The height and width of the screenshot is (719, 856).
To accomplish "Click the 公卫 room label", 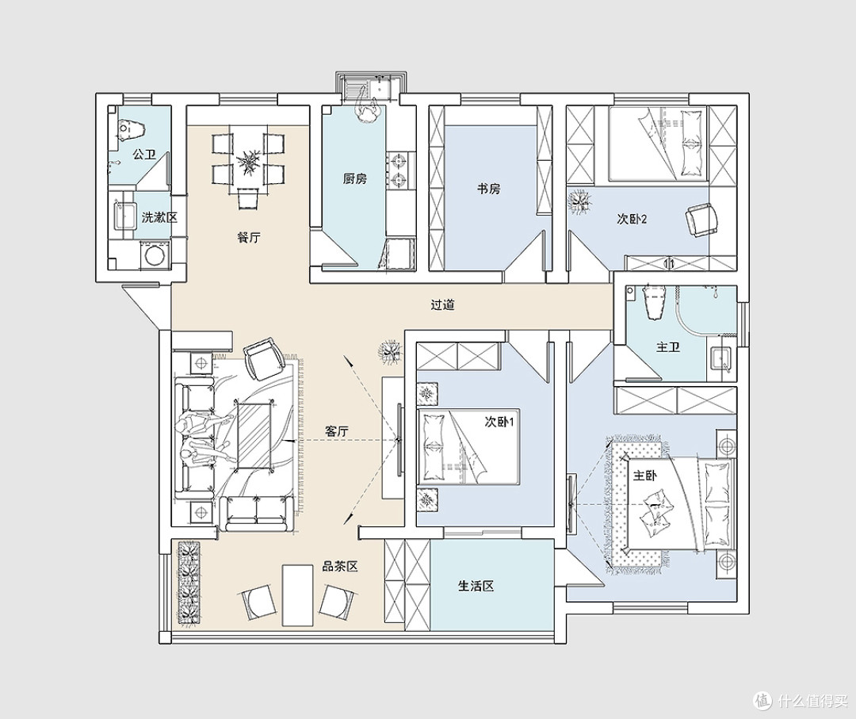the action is point(144,155).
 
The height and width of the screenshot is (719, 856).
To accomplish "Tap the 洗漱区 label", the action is point(159,217).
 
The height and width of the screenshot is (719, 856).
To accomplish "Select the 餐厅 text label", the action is point(249,238).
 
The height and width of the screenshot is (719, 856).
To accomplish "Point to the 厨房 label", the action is point(355,178).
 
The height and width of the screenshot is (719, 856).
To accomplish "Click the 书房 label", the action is point(488,189).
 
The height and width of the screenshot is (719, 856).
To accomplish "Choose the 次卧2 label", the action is point(632,219).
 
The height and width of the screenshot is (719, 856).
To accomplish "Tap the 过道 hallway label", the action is point(443,304).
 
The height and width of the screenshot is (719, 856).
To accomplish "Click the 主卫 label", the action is point(668,347).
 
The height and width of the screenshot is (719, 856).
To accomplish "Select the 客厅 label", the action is point(337,431).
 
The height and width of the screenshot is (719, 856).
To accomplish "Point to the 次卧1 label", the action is point(499,422).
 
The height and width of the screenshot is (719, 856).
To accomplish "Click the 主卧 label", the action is point(644,476).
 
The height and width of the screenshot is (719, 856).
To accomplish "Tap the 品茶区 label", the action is point(339,567).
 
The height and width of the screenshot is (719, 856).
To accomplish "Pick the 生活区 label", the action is point(476,587).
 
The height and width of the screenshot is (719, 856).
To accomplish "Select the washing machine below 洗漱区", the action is point(155,256).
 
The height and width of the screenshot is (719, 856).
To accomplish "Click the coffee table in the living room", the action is point(254,434).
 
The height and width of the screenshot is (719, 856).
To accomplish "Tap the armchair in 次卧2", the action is point(701,220).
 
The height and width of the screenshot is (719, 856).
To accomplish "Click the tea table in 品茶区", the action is point(297,595).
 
